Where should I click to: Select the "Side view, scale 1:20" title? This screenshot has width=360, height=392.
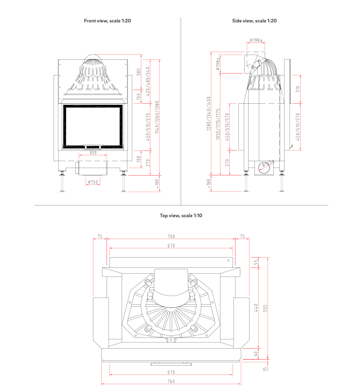[254, 21]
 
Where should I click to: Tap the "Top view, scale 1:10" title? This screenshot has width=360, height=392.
[180, 215]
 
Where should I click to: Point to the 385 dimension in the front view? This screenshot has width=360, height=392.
[139, 72]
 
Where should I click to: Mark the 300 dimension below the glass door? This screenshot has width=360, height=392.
[92, 152]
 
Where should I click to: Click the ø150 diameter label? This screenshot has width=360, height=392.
[92, 182]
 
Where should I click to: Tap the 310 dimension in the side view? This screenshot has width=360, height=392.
[298, 89]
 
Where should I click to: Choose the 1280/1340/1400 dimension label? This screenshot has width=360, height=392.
[209, 113]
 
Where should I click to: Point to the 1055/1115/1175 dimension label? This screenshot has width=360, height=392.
[218, 124]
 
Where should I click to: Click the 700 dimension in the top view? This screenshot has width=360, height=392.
[171, 236]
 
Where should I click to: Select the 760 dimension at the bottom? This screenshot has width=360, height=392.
[171, 381]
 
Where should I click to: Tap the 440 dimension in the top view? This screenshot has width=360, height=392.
[256, 307]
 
